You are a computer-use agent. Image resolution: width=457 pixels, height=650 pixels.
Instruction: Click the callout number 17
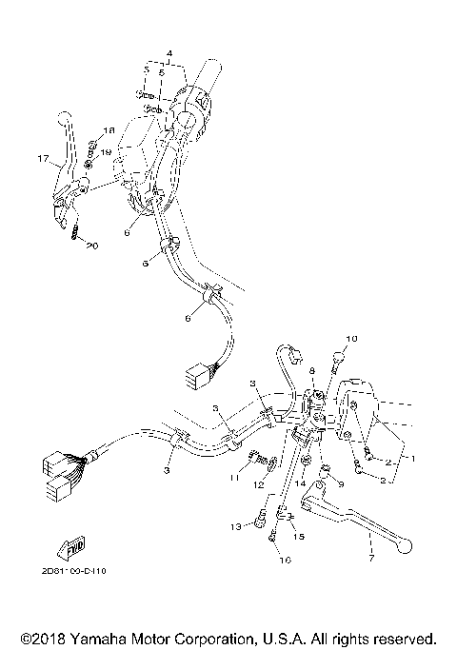pos(42,159)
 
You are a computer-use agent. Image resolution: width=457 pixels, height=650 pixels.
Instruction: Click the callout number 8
pos(311,370)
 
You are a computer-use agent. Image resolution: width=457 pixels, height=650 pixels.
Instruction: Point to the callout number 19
pos(107,152)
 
